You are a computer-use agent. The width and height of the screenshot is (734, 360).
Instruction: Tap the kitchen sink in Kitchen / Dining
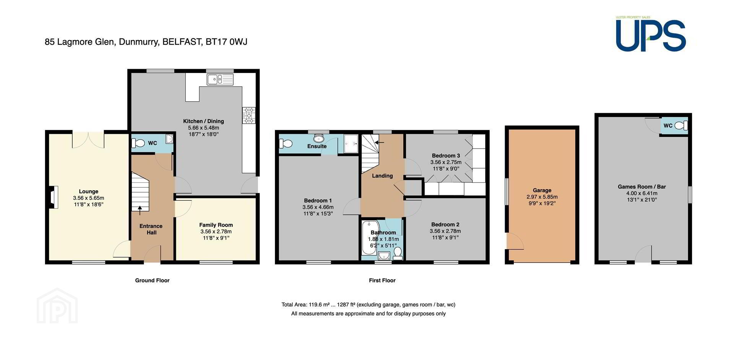(220, 79)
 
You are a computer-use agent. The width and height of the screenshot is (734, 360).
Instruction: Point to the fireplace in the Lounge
(54, 197)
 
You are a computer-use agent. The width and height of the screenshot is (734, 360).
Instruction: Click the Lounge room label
(89, 191)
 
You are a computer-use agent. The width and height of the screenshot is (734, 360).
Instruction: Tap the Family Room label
(216, 225)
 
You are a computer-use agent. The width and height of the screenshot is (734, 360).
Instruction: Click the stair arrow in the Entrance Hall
(140, 208)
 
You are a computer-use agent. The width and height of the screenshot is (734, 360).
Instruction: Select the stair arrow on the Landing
(380, 143)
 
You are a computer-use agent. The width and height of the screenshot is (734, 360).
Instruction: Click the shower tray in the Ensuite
(351, 144)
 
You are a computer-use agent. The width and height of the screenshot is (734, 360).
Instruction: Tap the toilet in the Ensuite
(286, 144)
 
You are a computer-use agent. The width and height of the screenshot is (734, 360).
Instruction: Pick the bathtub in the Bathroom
(369, 238)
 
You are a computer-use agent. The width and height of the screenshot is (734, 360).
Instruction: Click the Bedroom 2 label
(445, 224)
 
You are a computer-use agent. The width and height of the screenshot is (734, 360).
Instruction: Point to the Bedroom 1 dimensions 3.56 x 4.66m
(318, 207)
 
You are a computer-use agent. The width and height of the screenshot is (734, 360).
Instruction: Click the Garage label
(542, 190)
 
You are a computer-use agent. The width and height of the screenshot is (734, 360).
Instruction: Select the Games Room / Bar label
(642, 187)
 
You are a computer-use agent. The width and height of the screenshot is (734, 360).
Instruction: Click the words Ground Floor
(152, 281)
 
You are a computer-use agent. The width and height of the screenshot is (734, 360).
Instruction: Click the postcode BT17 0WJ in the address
(226, 42)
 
